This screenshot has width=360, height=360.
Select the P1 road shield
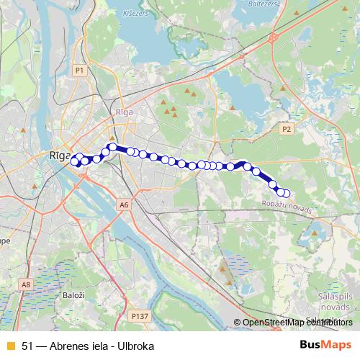(x=80, y=70)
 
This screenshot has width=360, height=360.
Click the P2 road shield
(x=286, y=129)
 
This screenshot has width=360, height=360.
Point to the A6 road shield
(x=124, y=205)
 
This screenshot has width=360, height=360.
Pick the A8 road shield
(x=26, y=285)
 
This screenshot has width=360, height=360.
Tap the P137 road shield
(x=139, y=315)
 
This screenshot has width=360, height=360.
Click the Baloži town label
(x=72, y=294)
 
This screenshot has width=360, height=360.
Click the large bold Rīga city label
(x=59, y=156)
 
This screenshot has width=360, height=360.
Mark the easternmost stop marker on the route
(x=286, y=193)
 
